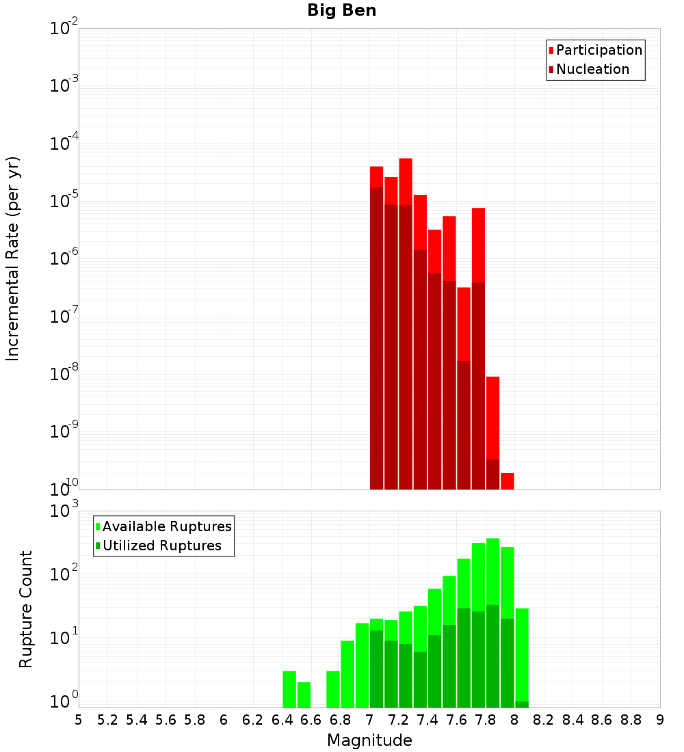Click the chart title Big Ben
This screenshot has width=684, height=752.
[341, 10]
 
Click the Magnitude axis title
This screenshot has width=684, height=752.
[369, 740]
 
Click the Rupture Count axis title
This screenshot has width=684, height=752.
[26, 608]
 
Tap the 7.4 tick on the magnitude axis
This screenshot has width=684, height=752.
[428, 720]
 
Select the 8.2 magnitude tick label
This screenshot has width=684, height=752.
[544, 720]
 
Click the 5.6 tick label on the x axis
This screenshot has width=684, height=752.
[166, 720]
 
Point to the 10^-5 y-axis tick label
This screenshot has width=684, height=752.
[64, 201]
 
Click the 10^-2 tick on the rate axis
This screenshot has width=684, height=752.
[64, 29]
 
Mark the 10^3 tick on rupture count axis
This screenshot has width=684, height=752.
[64, 511]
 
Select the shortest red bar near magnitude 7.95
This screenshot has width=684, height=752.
[507, 481]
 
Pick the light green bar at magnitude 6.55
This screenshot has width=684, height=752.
[304, 695]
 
